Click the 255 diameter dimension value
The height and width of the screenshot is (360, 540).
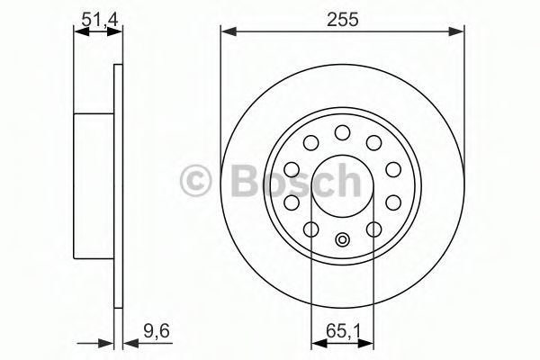(343, 19)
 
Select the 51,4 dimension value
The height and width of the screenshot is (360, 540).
(100, 19)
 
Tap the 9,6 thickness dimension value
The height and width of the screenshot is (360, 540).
(157, 332)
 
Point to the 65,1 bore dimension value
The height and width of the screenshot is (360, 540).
(343, 332)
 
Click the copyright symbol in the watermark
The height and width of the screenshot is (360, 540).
(195, 181)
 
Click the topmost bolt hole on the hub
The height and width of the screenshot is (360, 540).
(342, 132)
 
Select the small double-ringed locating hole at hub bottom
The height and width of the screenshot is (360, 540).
(342, 239)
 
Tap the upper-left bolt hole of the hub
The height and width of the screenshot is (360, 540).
(310, 142)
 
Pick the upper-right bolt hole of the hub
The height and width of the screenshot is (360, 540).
(374, 142)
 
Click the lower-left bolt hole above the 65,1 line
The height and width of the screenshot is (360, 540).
(311, 229)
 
